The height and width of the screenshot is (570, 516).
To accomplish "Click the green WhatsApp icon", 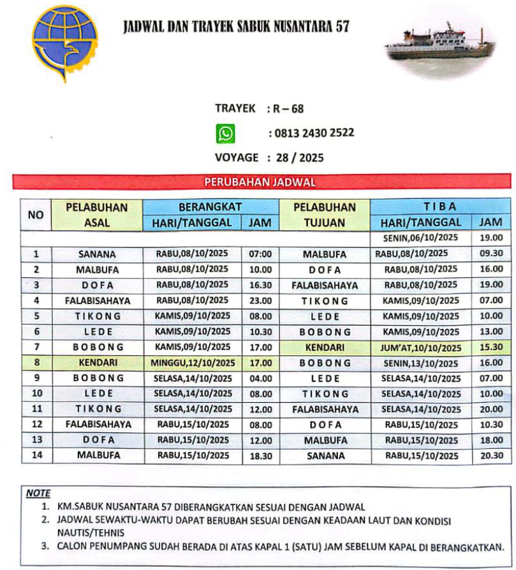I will click(x=225, y=133).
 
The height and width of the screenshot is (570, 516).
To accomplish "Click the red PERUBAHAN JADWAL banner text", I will click(x=260, y=182).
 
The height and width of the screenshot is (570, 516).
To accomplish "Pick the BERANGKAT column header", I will click(x=211, y=207).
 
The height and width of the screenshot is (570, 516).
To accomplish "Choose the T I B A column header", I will click(x=440, y=207).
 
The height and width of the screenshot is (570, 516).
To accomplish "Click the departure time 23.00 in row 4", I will click(x=261, y=300).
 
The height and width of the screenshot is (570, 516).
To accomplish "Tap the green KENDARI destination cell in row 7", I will click(x=325, y=347).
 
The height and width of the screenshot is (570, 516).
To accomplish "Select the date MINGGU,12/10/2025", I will click(x=193, y=363).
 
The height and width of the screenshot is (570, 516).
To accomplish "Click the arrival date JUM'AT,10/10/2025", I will click(x=421, y=348).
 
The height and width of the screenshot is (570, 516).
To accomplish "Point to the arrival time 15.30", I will click(x=491, y=347).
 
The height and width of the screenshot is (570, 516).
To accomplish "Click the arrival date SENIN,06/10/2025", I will click(x=421, y=238).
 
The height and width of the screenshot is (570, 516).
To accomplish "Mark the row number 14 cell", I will click(x=36, y=456).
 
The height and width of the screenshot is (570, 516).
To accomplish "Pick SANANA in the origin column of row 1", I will click(x=97, y=254).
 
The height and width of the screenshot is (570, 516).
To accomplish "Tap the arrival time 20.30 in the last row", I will click(x=491, y=456).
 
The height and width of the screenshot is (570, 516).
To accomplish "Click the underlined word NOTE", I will click(x=38, y=493).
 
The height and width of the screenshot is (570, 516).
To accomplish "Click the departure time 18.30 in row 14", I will click(x=261, y=456).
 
